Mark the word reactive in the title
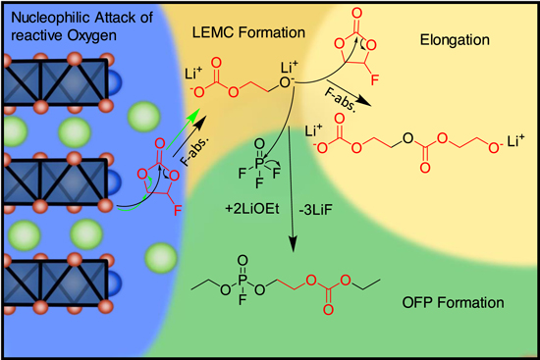[x=33, y=37]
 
